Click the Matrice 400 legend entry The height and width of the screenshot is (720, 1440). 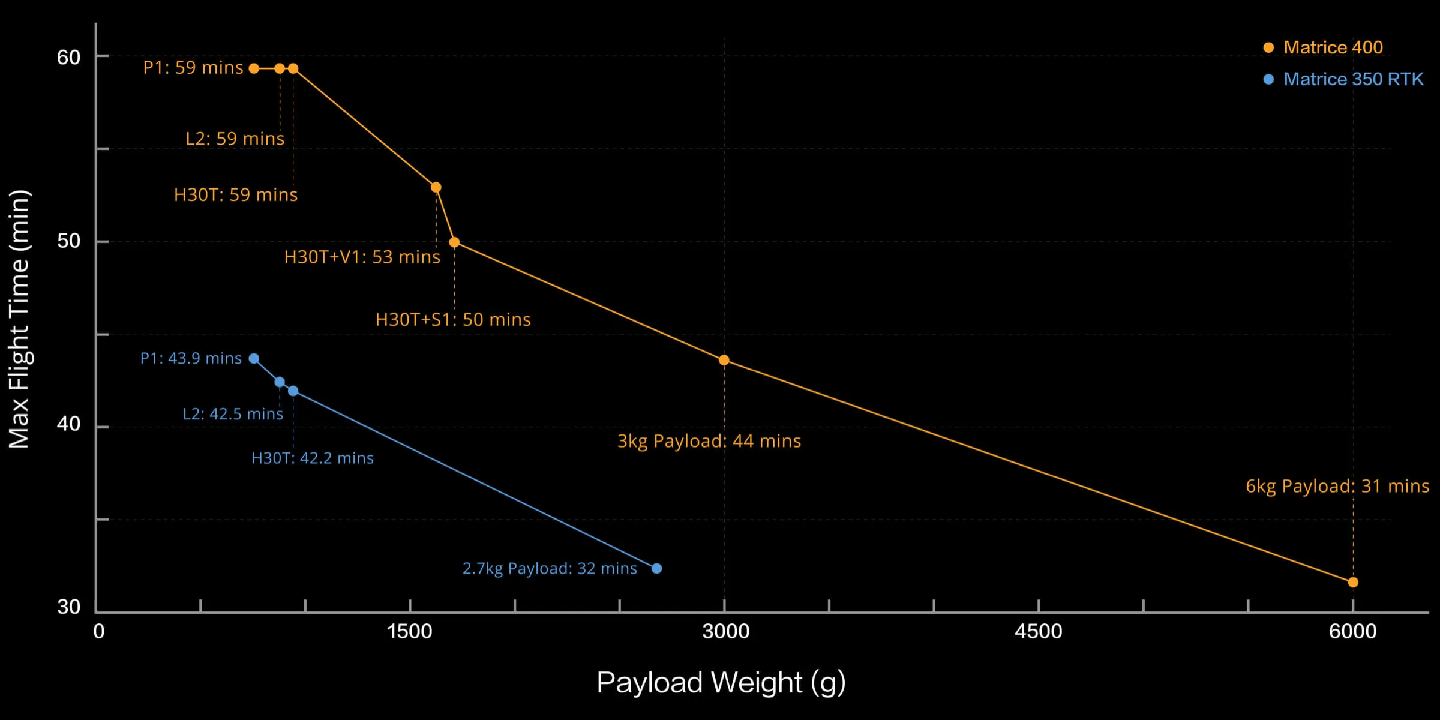1332,47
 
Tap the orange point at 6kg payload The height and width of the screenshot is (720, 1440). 1353,582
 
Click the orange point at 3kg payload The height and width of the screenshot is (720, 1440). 724,360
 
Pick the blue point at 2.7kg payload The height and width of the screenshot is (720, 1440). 656,568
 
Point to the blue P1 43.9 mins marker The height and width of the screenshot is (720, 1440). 254,359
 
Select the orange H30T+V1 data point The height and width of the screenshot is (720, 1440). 436,187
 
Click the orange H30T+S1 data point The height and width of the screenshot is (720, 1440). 454,242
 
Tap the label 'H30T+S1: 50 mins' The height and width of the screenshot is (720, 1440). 453,319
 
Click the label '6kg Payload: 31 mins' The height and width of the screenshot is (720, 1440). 1337,486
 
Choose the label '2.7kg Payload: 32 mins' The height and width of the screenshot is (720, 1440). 550,568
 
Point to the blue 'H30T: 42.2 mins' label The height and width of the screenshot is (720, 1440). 313,458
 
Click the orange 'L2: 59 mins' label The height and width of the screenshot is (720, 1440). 235,139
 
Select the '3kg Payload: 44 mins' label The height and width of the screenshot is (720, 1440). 709,441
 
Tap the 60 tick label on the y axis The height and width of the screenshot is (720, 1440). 68,58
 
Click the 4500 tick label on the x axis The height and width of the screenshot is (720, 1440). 1038,631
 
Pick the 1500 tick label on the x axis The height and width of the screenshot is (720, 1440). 410,631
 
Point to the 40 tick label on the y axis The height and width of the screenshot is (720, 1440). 68,424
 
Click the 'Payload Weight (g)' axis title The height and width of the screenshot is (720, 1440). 721,683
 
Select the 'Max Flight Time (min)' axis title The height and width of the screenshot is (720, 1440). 19,319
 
